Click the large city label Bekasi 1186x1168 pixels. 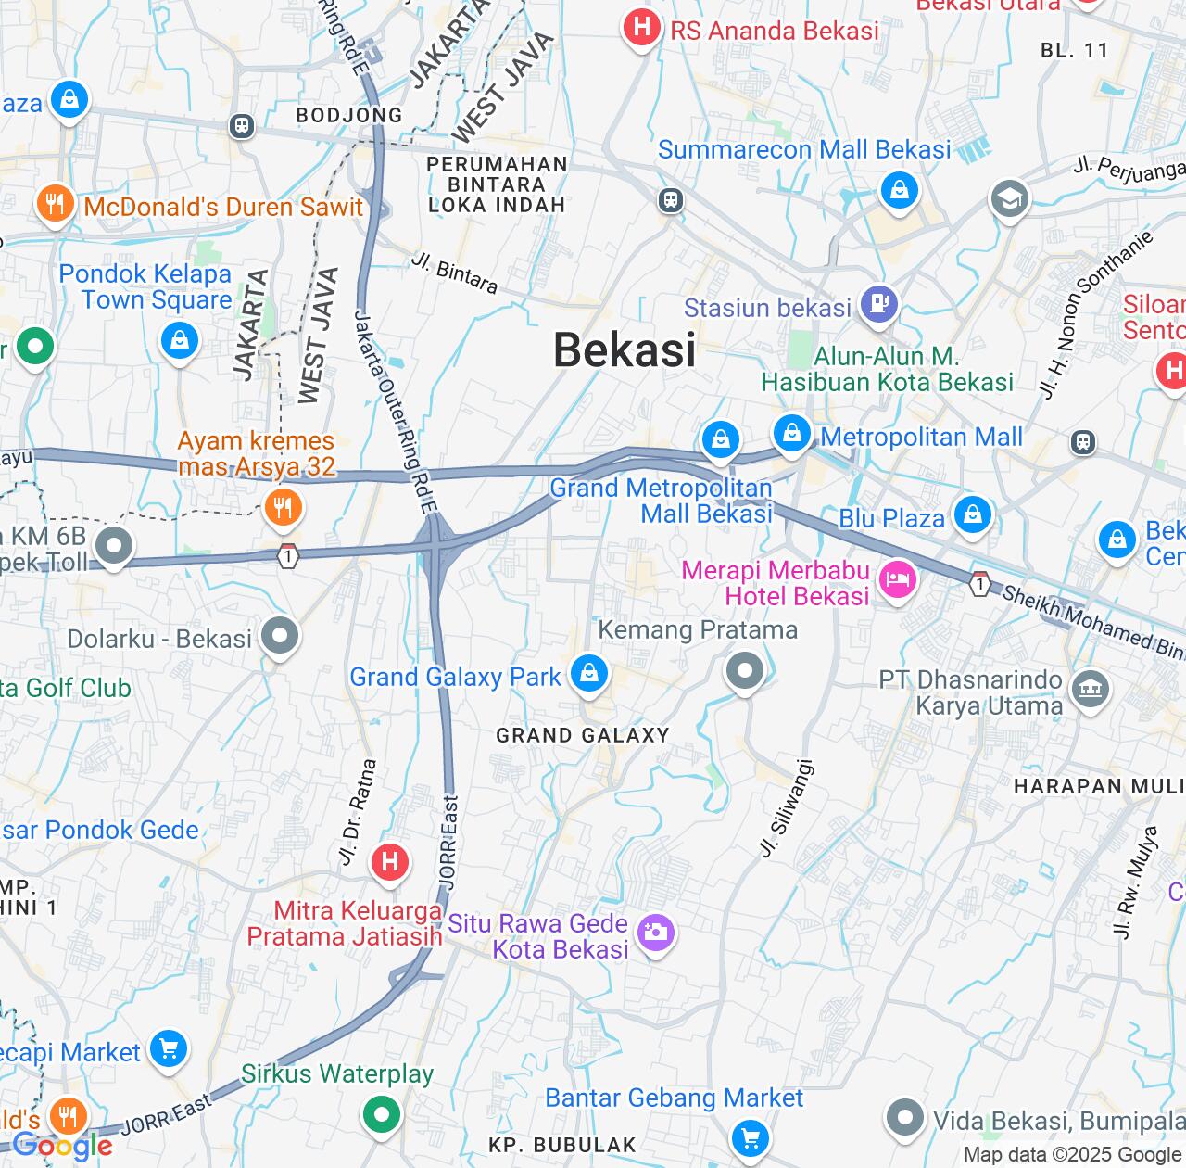coord(625,350)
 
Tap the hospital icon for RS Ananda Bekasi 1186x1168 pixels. coord(641,27)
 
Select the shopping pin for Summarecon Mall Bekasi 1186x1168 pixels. coord(899,191)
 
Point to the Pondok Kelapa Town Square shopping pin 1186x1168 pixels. coord(180,340)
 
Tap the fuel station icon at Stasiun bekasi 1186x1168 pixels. coord(878,302)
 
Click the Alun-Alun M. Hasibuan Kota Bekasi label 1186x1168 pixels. coord(887,369)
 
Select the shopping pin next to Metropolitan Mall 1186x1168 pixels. coord(792,432)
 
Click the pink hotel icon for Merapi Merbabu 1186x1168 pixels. coord(897,580)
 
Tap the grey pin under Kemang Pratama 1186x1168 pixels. coord(745,669)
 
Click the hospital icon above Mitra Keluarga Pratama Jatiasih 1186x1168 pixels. coord(390,862)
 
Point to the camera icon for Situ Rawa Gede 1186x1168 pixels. coord(655,931)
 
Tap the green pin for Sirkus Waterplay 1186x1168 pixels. coord(381,1113)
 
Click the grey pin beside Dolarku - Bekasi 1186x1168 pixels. coord(280,636)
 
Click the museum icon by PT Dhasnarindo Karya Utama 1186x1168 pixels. coord(1091,688)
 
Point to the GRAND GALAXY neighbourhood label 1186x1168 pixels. coord(582,736)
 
